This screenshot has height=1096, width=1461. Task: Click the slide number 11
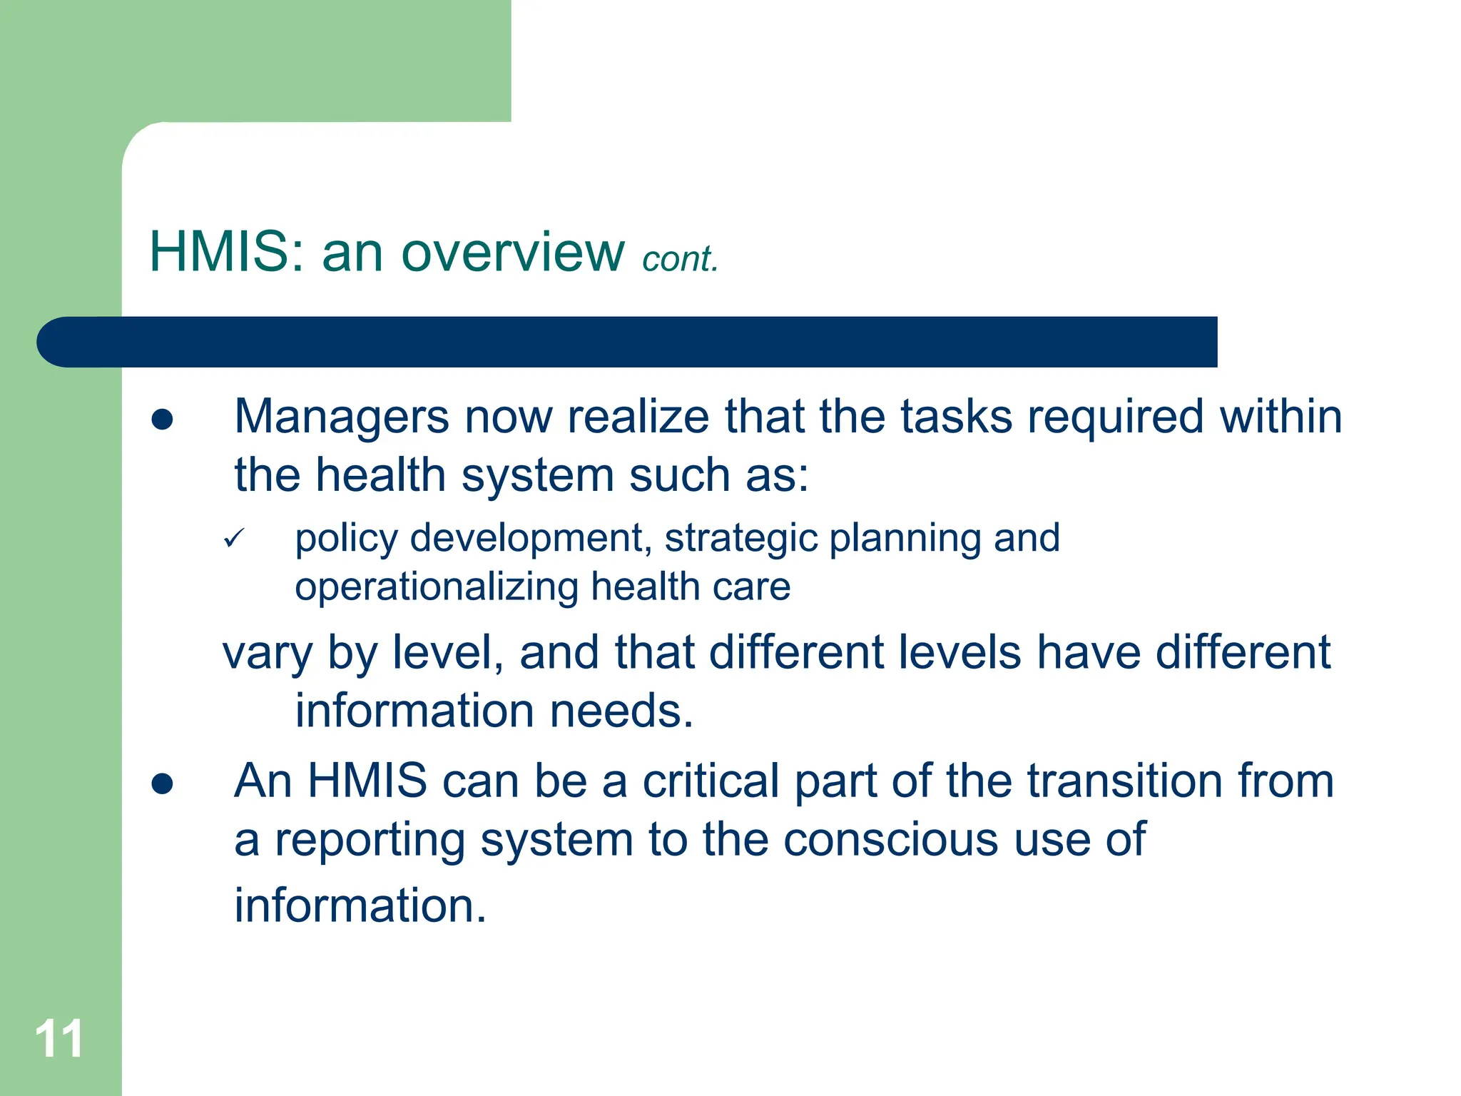59,1038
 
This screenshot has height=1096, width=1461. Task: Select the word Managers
342,417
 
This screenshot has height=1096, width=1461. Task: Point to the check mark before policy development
234,538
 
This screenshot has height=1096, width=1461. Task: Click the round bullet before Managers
163,420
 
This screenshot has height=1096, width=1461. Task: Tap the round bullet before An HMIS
163,783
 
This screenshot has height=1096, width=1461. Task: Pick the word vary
267,654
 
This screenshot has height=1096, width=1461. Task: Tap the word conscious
890,840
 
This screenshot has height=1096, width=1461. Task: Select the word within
1281,417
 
